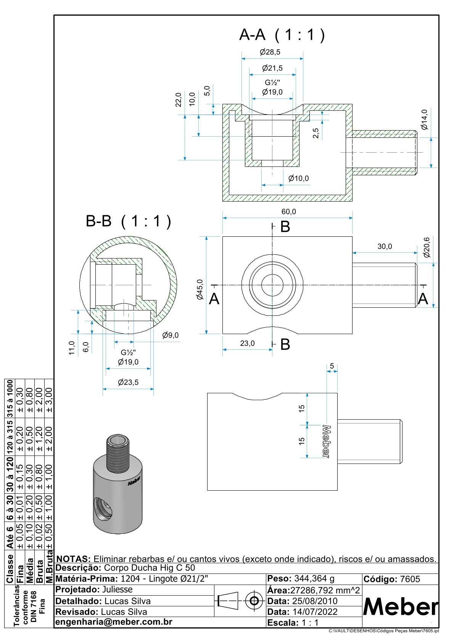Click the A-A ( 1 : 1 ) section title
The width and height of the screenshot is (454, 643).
(x=282, y=35)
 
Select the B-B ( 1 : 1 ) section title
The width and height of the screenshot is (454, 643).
(x=129, y=221)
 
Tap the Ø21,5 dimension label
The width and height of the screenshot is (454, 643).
(x=272, y=68)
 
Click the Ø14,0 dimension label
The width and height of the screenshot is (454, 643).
(x=424, y=120)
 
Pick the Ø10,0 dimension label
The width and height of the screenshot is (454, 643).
(x=298, y=178)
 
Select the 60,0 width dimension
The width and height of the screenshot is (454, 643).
(x=288, y=212)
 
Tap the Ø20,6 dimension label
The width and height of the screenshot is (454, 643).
(x=427, y=247)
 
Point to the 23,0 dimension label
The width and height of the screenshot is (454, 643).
(x=247, y=343)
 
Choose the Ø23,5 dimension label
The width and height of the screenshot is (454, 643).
(x=128, y=382)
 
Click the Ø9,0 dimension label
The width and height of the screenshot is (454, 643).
(x=170, y=335)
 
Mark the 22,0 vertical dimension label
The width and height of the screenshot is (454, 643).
(x=179, y=100)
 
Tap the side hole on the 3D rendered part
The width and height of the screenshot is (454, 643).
(x=103, y=509)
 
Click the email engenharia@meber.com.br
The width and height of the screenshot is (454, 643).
(x=114, y=622)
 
